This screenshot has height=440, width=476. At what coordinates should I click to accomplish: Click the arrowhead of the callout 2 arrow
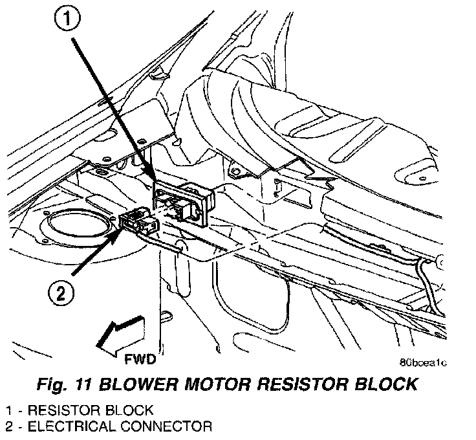119,226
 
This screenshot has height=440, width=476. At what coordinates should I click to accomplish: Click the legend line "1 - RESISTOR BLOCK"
80,410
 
